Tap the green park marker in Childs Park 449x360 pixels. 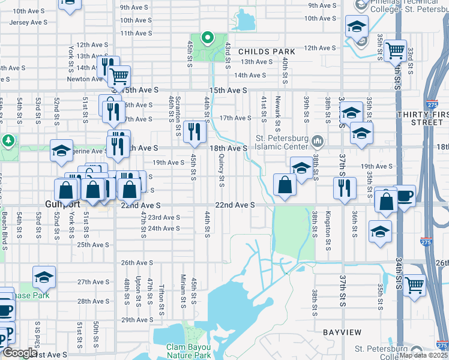(208, 38)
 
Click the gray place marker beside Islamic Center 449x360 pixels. (318, 142)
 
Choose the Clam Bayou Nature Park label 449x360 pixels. (188, 351)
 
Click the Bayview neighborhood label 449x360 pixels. (342, 332)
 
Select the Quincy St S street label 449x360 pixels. (221, 171)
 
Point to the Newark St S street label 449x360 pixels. (277, 110)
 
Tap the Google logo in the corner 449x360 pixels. (19, 353)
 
